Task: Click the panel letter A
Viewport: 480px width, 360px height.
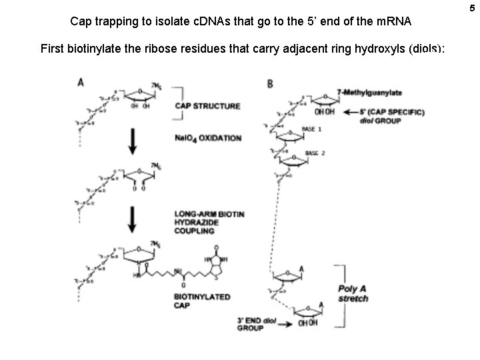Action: (x=81, y=83)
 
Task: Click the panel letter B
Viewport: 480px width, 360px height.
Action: (x=269, y=83)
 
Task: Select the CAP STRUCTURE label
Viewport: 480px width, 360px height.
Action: (x=207, y=106)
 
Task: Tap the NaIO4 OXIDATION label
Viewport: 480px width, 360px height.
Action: (x=208, y=138)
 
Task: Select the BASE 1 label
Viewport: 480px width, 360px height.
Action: (x=312, y=129)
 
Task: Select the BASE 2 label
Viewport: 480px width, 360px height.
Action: (x=315, y=153)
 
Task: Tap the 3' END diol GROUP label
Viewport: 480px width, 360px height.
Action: (x=257, y=324)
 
